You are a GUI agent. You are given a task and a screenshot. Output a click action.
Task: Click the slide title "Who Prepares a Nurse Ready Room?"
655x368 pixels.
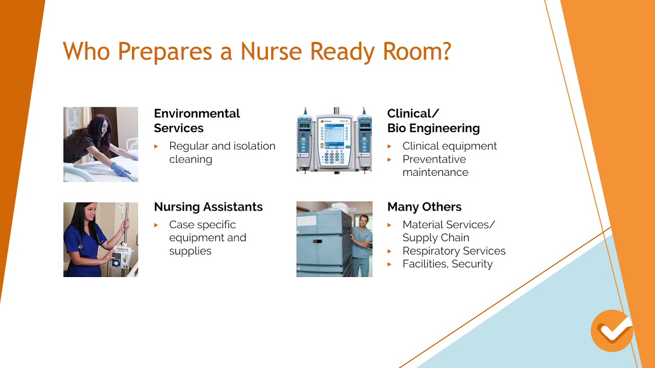tap(257, 52)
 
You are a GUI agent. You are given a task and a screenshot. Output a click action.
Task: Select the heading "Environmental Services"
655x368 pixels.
tap(196, 121)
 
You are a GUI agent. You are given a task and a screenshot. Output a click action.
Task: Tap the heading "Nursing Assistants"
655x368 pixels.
tap(208, 207)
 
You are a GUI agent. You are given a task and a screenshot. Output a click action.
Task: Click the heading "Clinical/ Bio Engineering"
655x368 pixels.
tap(433, 121)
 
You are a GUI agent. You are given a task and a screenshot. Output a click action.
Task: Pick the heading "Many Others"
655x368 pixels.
tap(424, 207)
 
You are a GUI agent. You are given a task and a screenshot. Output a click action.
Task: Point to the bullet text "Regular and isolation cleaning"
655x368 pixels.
tap(222, 152)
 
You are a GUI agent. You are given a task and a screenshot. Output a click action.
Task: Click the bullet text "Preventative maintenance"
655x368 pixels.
tap(435, 166)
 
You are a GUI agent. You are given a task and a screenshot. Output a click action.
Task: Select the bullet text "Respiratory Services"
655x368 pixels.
tap(454, 251)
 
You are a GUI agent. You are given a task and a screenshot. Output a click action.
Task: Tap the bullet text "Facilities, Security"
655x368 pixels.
tap(447, 264)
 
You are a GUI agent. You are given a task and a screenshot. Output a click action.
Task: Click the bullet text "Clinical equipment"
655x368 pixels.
tap(449, 146)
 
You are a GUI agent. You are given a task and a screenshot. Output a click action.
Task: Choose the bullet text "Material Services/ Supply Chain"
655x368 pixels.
tap(448, 231)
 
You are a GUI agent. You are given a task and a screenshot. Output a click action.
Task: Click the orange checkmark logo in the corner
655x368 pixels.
tap(612, 331)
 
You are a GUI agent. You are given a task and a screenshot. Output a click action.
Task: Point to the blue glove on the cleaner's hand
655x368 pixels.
tap(121, 169)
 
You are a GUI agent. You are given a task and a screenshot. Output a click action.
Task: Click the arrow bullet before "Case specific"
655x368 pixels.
tap(157, 225)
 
